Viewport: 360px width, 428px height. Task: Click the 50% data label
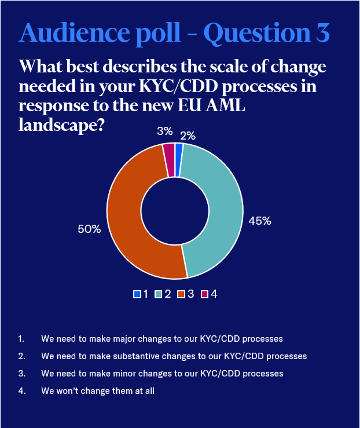(89, 229)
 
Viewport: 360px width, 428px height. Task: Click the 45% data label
(260, 221)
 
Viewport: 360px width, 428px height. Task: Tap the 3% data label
(164, 131)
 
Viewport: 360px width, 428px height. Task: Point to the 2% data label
(188, 136)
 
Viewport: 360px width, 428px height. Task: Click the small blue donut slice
(179, 152)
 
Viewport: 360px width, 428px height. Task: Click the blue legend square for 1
(137, 294)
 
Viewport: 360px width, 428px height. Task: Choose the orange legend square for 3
(182, 294)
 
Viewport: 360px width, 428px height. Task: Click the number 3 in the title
(322, 33)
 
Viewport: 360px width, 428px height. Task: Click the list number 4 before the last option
(21, 391)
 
